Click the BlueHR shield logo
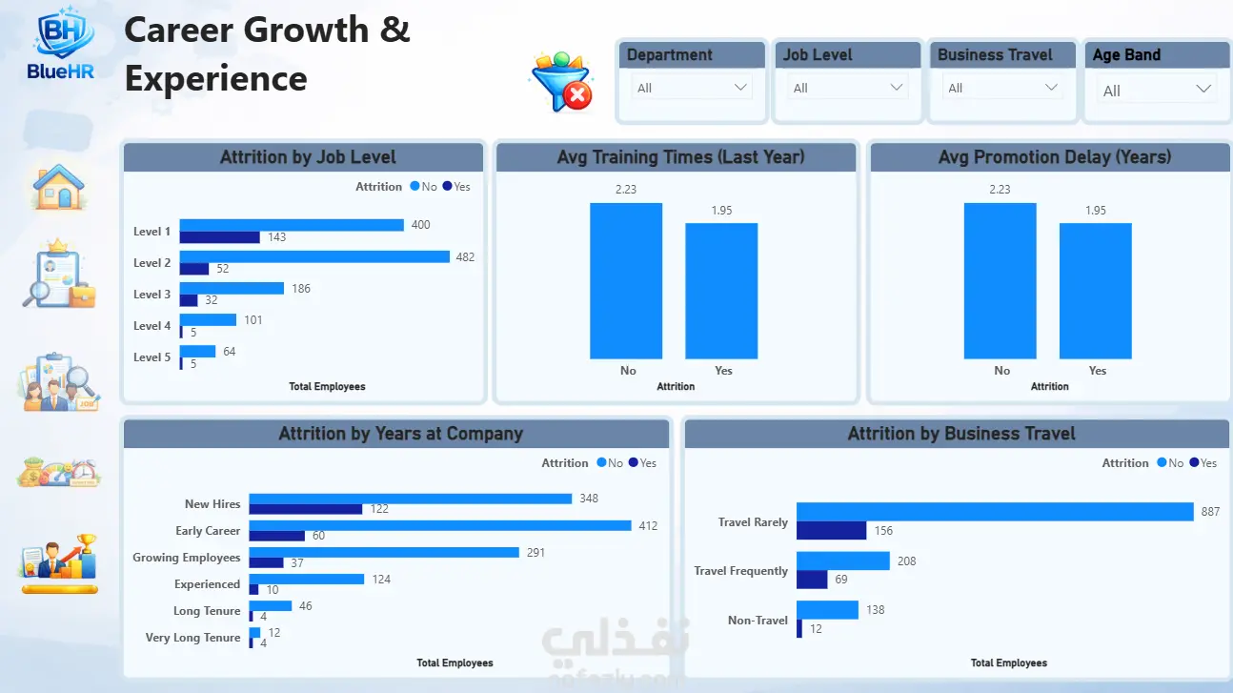(x=61, y=32)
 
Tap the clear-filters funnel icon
(x=562, y=82)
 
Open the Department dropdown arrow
(x=740, y=87)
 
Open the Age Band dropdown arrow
(x=1203, y=90)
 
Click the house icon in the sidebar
(x=58, y=187)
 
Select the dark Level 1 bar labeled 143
(x=219, y=237)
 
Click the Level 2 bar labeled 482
(x=314, y=256)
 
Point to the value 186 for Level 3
(x=301, y=289)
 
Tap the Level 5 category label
(x=152, y=357)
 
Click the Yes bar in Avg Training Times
(x=721, y=291)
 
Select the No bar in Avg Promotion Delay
(x=1000, y=281)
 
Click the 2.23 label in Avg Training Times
(x=626, y=190)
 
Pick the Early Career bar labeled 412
(x=440, y=525)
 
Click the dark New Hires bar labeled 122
(x=306, y=509)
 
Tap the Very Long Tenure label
(x=192, y=638)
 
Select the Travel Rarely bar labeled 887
(x=995, y=512)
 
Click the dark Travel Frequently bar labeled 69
(x=812, y=580)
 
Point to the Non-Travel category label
(x=758, y=621)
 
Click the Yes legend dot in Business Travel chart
(x=1194, y=462)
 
